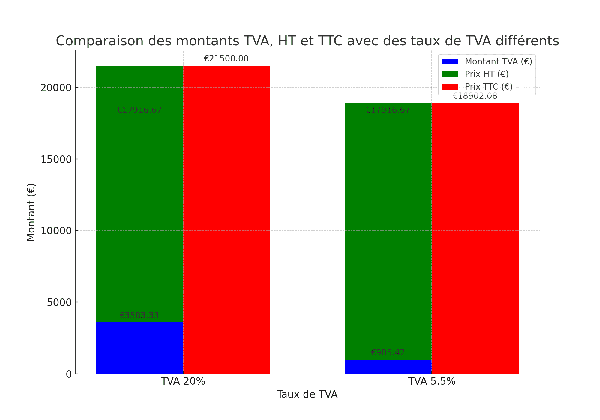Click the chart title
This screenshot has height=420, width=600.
click(307, 41)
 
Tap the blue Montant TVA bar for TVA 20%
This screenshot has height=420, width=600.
click(139, 348)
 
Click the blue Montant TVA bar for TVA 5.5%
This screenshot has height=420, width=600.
click(388, 367)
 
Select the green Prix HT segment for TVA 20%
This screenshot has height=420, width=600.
click(139, 210)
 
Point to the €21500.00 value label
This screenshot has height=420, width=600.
click(226, 59)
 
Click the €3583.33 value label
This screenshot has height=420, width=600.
click(139, 316)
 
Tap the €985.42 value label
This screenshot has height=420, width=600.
click(388, 353)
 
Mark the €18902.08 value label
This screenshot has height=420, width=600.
click(475, 96)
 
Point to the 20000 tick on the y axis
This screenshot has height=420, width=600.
click(56, 88)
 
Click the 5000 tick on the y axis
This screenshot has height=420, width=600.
click(59, 302)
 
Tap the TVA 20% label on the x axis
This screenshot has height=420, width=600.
click(183, 381)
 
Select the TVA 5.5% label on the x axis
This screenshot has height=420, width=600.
click(432, 381)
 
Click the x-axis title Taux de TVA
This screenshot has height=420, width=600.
click(307, 394)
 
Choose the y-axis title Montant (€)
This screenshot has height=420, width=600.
click(31, 212)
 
